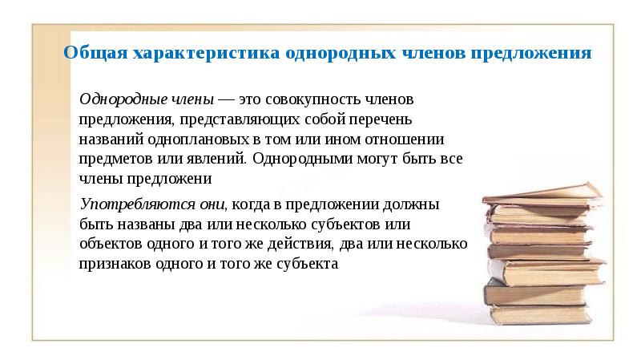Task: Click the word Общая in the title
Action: (x=91, y=54)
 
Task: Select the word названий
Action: (x=109, y=138)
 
